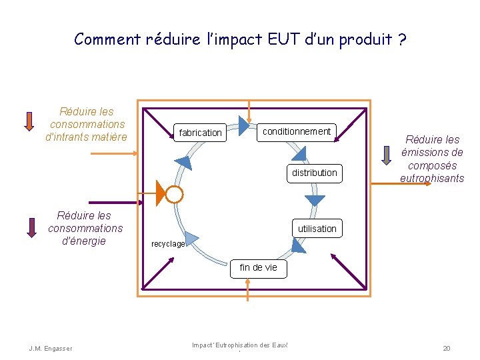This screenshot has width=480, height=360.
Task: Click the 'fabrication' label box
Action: (x=200, y=133)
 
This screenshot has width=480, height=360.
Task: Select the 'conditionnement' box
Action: (x=296, y=131)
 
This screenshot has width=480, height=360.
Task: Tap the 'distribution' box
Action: (x=314, y=173)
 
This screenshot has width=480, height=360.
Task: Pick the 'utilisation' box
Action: (x=317, y=229)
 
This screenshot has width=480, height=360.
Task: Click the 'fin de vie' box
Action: (x=258, y=267)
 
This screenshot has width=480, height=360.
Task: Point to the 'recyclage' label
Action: (x=167, y=244)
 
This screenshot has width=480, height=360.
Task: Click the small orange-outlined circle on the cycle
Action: (x=174, y=194)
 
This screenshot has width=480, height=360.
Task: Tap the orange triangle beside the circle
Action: (x=160, y=193)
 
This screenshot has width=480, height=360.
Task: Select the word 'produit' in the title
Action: (x=365, y=39)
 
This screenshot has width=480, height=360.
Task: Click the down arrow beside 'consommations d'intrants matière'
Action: (x=29, y=121)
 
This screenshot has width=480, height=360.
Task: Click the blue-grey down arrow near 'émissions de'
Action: (x=387, y=155)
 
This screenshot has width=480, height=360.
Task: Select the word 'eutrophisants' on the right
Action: (x=432, y=178)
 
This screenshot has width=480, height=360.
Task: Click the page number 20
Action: (x=445, y=348)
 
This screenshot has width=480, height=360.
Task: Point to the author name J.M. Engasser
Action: (x=51, y=348)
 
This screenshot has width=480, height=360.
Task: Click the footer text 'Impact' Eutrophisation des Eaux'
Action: (x=239, y=345)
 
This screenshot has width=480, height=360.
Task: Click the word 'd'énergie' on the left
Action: (x=83, y=241)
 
